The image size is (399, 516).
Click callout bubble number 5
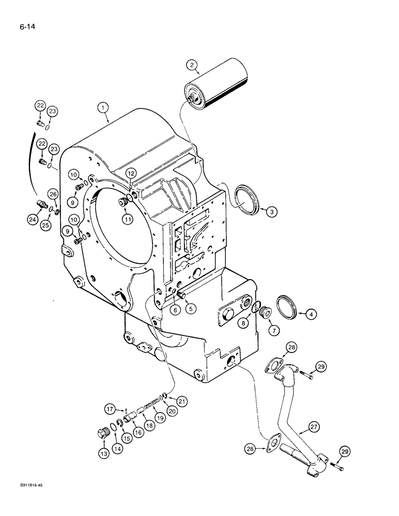(x=191, y=309)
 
